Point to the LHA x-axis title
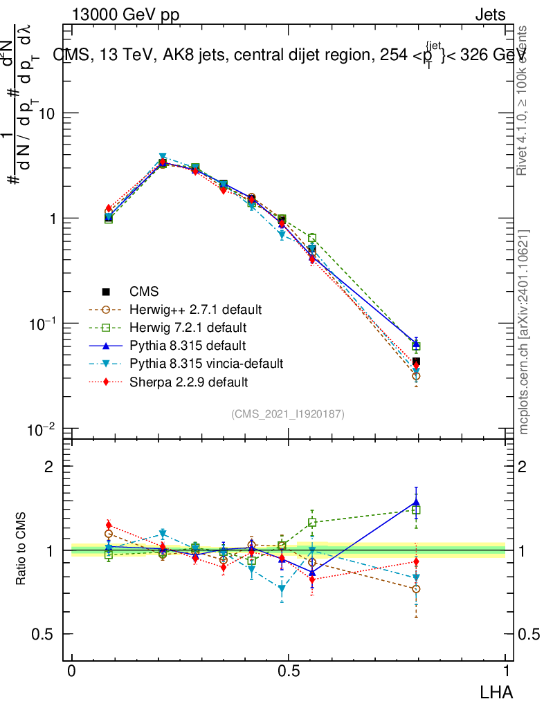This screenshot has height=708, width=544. click(497, 691)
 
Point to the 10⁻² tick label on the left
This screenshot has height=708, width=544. click(42, 430)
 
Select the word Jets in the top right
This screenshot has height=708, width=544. click(490, 15)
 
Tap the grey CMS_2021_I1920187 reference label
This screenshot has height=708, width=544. click(288, 413)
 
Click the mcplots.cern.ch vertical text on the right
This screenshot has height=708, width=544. click(525, 332)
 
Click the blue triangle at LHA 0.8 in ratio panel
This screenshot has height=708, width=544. click(416, 503)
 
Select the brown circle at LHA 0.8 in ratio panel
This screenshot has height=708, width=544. click(416, 589)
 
